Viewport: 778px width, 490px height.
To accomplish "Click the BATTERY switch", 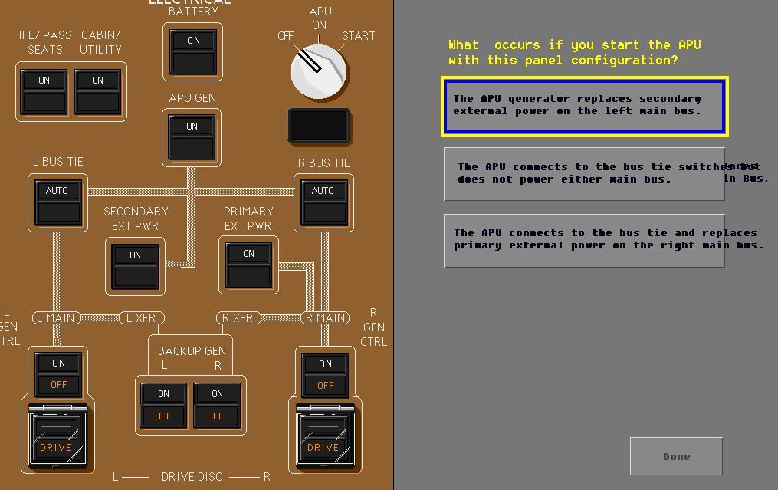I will [192, 51].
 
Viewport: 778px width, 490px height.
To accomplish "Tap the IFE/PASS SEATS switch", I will [44, 91].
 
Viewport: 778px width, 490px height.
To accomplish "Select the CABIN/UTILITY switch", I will [97, 91].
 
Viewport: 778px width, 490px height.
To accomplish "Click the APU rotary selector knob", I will [319, 72].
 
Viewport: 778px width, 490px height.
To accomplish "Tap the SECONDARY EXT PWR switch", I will [135, 265].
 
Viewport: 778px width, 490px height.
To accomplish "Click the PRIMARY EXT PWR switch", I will [248, 264].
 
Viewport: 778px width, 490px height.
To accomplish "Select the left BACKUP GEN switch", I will [163, 405].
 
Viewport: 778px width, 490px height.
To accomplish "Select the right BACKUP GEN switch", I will [217, 405].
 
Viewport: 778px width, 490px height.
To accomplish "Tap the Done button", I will [676, 457].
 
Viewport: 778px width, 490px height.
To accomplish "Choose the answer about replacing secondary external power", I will [584, 106].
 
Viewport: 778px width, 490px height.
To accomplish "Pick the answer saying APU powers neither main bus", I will [584, 174].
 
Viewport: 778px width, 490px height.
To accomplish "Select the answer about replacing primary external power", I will [584, 240].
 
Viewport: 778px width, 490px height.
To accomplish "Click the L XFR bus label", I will [142, 317].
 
